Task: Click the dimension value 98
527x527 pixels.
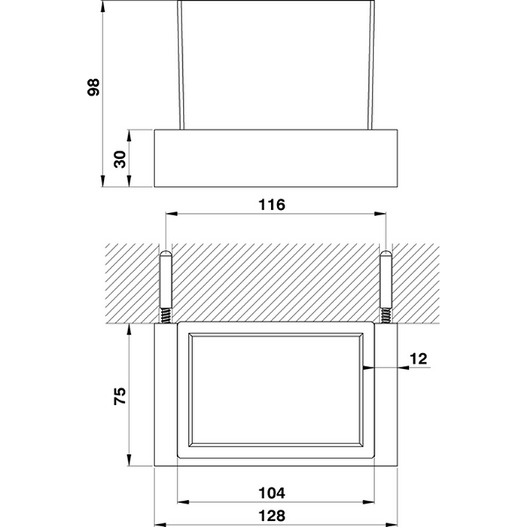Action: coord(93,87)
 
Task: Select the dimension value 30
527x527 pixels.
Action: coord(120,160)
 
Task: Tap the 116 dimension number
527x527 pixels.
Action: coord(272,205)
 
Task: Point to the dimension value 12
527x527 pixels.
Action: coord(419,359)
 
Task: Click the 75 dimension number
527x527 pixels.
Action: coord(120,395)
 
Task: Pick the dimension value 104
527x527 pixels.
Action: coord(272,493)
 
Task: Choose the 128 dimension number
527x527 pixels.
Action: coord(272,516)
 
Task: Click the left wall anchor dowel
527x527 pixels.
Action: coord(166,279)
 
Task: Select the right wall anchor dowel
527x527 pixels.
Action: coord(385,279)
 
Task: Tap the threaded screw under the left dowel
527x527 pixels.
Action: coord(166,316)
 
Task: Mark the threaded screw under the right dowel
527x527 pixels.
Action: coord(385,316)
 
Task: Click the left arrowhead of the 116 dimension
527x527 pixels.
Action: coord(171,213)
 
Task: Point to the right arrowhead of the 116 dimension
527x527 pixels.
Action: coord(380,213)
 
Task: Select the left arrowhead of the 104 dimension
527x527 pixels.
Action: coord(182,502)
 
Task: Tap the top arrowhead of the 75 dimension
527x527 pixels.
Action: coord(129,329)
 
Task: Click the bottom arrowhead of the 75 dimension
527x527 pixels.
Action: coord(129,461)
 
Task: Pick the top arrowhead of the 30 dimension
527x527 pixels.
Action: coord(129,136)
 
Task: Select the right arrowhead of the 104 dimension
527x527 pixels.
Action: coord(369,502)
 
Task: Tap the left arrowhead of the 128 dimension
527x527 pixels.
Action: coord(160,524)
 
